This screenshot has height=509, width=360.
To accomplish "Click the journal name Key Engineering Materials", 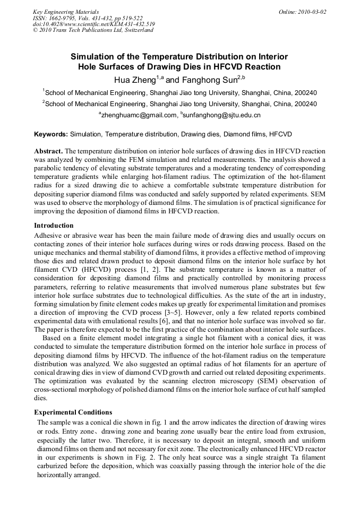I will tap(66, 12).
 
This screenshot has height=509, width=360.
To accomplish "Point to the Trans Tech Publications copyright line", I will tap(93, 30).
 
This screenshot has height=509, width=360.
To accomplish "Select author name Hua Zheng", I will tap(134, 80).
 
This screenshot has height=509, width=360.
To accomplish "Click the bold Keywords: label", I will tap(51, 135).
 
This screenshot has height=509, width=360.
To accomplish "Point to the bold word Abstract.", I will tap(48, 151).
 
